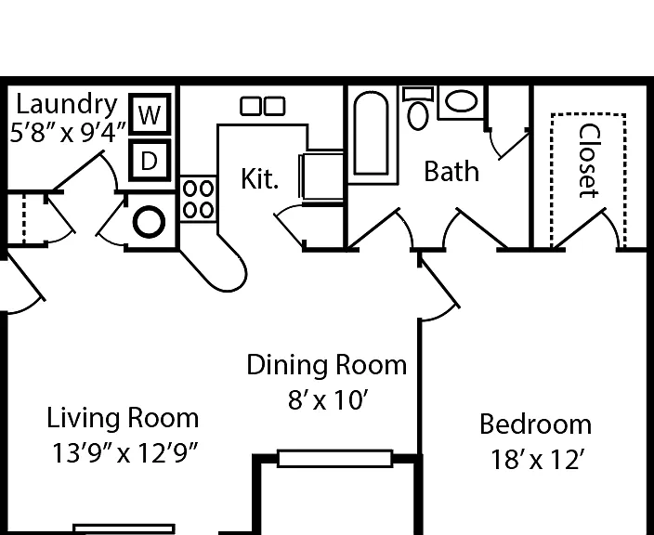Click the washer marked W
click(x=150, y=114)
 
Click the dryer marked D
click(x=150, y=161)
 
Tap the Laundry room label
click(x=67, y=105)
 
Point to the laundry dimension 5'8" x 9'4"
click(x=68, y=134)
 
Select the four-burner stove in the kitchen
click(x=198, y=200)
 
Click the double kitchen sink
click(x=263, y=106)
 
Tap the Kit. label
click(x=259, y=179)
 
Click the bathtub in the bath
click(x=372, y=134)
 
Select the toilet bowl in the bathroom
click(x=418, y=115)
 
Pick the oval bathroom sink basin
click(x=461, y=101)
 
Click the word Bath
click(x=451, y=172)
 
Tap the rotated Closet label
click(x=589, y=161)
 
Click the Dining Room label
click(x=327, y=365)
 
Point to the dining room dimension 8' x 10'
click(x=328, y=400)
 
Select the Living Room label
click(x=123, y=418)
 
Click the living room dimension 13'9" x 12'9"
click(x=124, y=453)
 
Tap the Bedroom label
click(x=535, y=424)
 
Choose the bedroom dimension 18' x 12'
click(x=535, y=460)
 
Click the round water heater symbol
click(x=149, y=222)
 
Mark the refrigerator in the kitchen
click(x=321, y=177)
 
